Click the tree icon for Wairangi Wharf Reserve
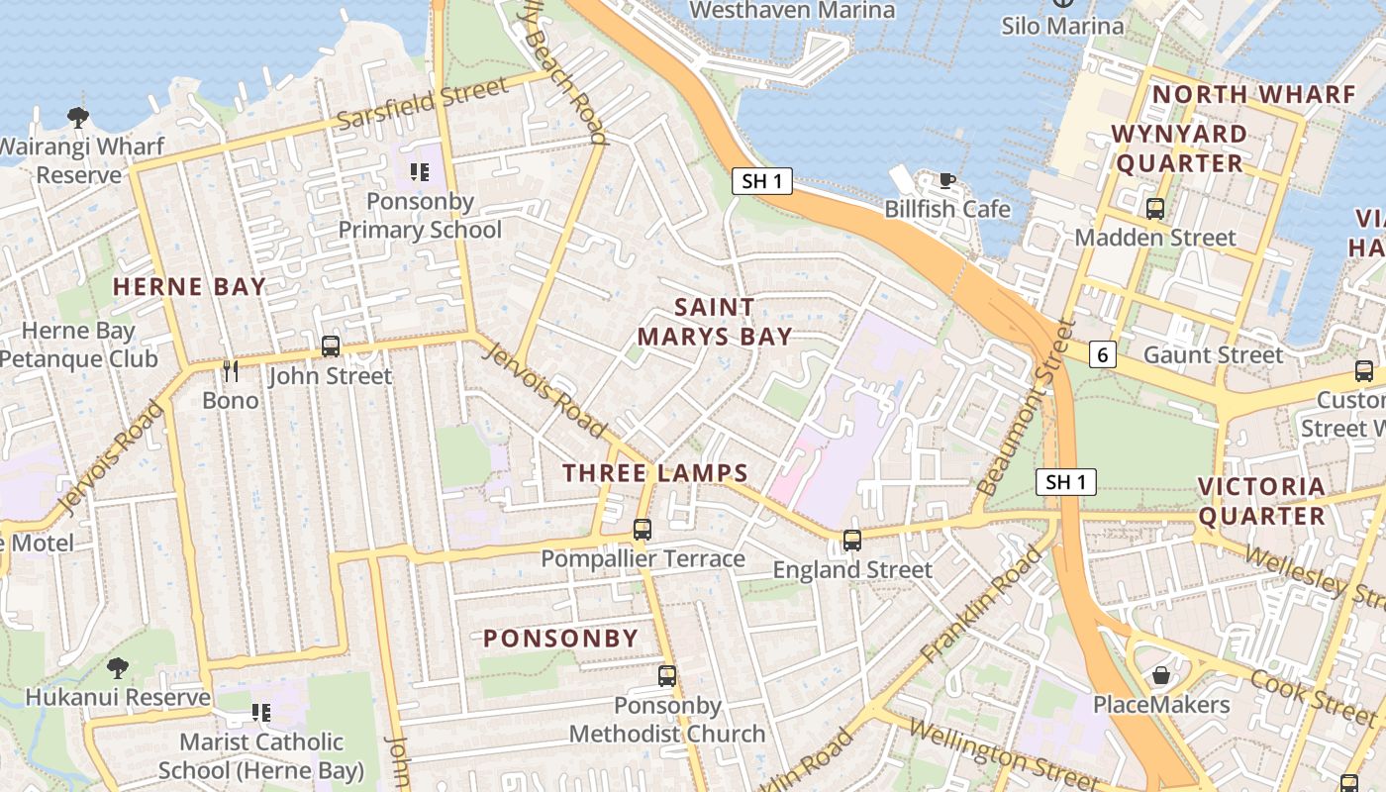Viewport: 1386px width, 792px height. tap(78, 118)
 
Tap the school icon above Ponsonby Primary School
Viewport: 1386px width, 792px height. tap(419, 172)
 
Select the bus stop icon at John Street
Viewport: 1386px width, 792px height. tap(331, 346)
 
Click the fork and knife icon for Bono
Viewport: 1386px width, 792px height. tap(231, 371)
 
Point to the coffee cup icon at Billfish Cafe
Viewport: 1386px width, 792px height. tap(947, 180)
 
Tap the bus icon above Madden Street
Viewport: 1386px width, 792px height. tap(1154, 208)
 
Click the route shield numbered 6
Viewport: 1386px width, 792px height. tap(1103, 354)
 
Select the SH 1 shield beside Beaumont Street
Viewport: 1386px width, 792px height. tap(1066, 482)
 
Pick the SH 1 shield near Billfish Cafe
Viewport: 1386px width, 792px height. tap(762, 181)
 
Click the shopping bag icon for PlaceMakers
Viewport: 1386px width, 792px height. tap(1161, 675)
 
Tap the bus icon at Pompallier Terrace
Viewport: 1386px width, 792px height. tap(643, 530)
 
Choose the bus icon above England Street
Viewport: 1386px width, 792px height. tap(852, 541)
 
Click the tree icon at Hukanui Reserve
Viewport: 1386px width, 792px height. tap(118, 667)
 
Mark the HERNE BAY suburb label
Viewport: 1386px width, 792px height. tap(189, 287)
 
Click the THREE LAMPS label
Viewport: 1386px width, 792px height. tap(655, 473)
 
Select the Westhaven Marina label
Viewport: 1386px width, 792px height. tap(792, 11)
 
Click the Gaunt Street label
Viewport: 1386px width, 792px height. tap(1213, 354)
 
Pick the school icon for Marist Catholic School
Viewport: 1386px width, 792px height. tap(261, 713)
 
